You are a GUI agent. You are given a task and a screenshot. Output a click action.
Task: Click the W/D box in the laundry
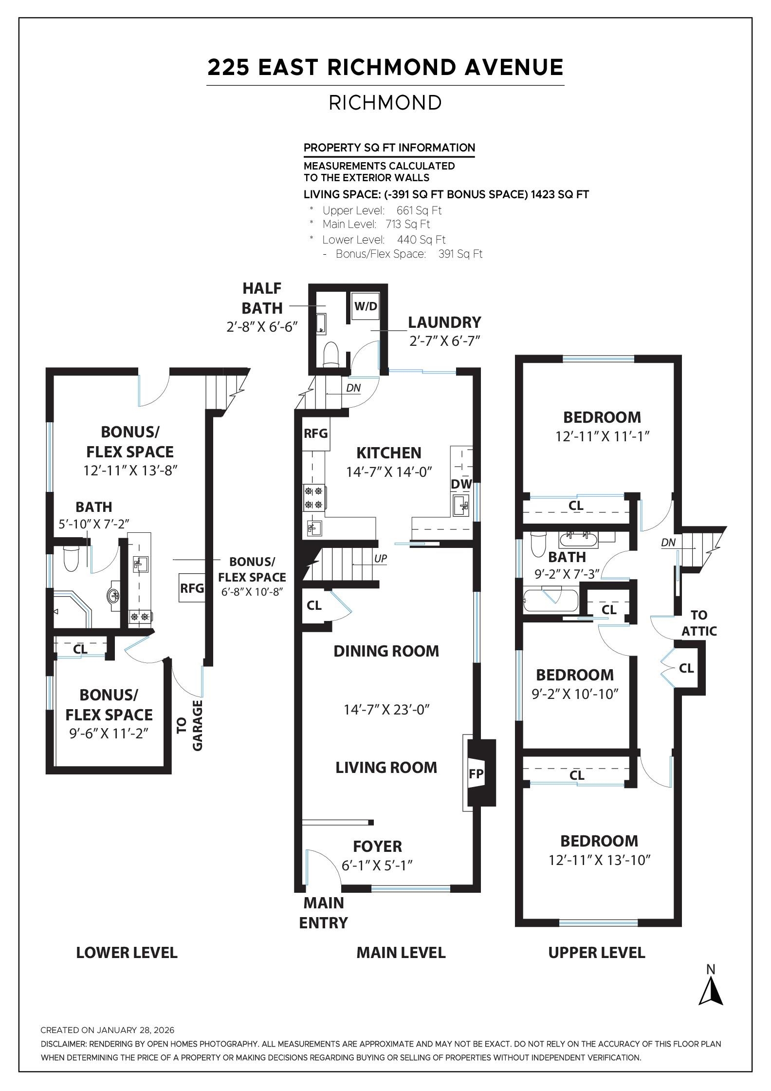pyautogui.click(x=366, y=306)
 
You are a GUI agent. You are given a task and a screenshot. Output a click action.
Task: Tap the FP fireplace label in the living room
pyautogui.click(x=476, y=773)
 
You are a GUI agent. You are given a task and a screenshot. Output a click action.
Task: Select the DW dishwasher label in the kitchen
pyautogui.click(x=461, y=484)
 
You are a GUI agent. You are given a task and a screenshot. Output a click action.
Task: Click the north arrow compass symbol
pyautogui.click(x=711, y=992)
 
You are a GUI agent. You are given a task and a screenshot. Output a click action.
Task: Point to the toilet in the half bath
pyautogui.click(x=331, y=353)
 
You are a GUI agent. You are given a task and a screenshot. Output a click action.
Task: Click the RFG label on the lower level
pyautogui.click(x=192, y=588)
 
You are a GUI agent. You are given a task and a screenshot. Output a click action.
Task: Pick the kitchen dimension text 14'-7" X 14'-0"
pyautogui.click(x=389, y=472)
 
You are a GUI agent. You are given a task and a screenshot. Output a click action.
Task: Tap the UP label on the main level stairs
pyautogui.click(x=381, y=559)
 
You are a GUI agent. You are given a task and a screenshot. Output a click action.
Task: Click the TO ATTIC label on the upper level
pyautogui.click(x=699, y=623)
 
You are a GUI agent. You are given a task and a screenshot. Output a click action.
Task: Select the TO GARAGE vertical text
pyautogui.click(x=189, y=725)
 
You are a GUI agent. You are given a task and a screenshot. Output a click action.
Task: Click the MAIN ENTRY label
pyautogui.click(x=324, y=913)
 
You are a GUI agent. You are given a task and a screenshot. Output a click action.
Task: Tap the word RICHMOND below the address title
pyautogui.click(x=385, y=103)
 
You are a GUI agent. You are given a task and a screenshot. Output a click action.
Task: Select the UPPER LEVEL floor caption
pyautogui.click(x=596, y=953)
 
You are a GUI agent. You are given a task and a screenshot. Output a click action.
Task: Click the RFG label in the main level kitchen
pyautogui.click(x=316, y=433)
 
